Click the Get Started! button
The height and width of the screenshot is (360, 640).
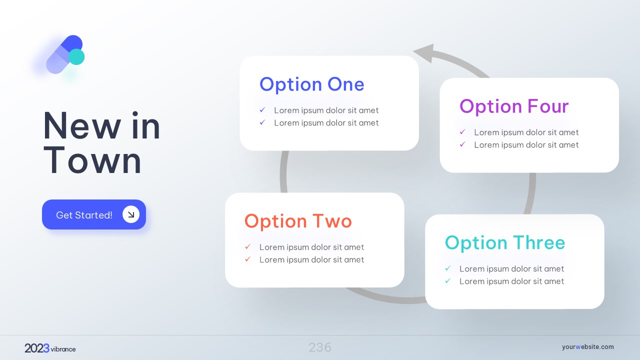[94, 214]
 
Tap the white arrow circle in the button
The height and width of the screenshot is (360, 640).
[131, 214]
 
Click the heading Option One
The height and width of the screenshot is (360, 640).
[311, 84]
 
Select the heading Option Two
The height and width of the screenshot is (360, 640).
[298, 221]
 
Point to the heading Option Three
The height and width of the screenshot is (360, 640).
[505, 243]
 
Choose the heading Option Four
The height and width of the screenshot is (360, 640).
[514, 106]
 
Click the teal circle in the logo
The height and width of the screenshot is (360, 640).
[76, 57]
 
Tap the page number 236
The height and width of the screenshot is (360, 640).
[320, 347]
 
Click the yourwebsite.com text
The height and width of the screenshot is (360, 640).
[587, 347]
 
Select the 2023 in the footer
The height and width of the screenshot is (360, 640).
[37, 348]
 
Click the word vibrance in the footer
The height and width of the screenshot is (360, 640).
[63, 349]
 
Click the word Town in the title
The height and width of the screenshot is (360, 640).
[92, 160]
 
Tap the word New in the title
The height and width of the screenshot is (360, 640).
[81, 125]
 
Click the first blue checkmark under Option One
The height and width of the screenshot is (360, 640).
[262, 109]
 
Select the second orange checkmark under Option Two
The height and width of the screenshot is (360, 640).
[247, 259]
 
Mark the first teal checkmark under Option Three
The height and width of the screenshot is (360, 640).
[447, 268]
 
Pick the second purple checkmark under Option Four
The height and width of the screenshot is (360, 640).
[462, 144]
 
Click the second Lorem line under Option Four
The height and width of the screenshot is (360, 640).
[526, 145]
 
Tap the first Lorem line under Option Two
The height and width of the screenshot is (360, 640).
[311, 247]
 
